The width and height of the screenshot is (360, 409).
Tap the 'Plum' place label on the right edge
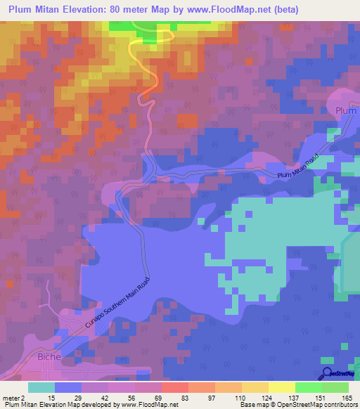tap(347, 111)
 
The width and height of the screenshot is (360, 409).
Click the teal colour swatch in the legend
tap(41, 388)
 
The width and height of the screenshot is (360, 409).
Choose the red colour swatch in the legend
tap(175, 388)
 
